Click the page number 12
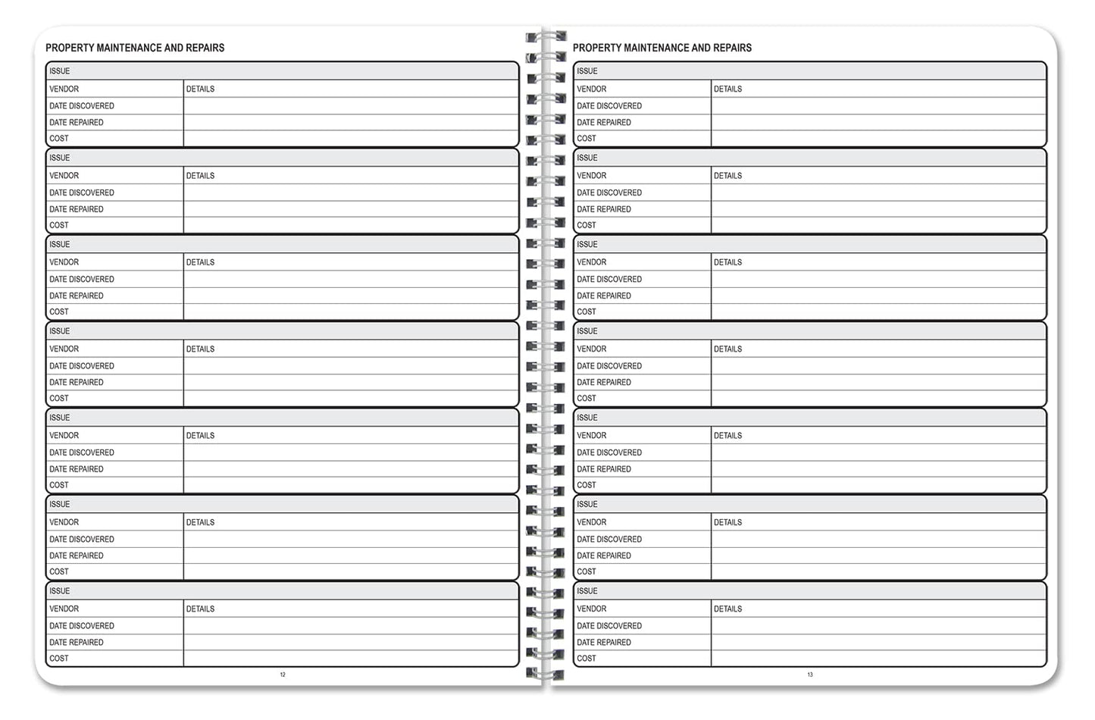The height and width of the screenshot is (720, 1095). click(283, 675)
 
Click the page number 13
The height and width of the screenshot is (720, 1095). click(810, 675)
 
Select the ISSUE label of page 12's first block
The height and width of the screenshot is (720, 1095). click(60, 71)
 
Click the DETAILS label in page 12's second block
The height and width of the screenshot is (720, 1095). click(201, 176)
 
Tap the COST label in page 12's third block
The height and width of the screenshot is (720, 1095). click(59, 311)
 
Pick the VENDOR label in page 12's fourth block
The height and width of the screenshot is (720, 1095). click(64, 349)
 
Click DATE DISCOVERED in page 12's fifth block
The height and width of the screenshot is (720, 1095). click(82, 452)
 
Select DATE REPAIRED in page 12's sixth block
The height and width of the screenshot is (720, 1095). click(77, 556)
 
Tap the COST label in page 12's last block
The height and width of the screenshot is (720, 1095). click(59, 659)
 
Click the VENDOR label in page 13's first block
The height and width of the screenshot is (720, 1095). click(592, 89)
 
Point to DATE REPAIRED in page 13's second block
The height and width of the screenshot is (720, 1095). click(604, 209)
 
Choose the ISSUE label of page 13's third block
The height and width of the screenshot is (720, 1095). click(587, 245)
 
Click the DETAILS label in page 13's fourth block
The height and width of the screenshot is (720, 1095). click(728, 349)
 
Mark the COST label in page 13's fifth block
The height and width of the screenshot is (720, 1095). click(587, 485)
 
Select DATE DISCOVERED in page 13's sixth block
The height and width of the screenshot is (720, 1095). click(609, 540)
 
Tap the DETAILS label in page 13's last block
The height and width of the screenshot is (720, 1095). click(728, 609)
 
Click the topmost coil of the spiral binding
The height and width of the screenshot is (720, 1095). click(546, 36)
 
